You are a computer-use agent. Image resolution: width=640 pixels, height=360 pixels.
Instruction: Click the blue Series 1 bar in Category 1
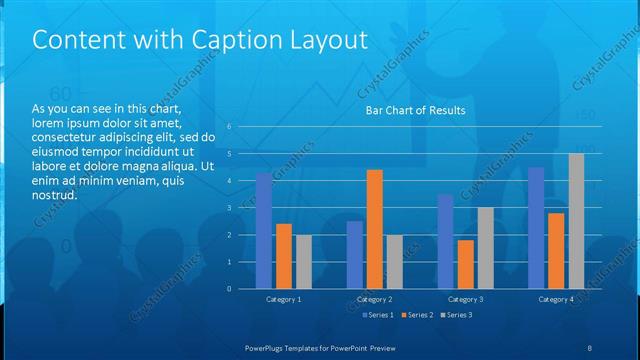point(263,231)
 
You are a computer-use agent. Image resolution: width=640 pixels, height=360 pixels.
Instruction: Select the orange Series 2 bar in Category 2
point(375,229)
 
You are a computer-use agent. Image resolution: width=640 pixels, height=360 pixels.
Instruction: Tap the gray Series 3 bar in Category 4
point(576,221)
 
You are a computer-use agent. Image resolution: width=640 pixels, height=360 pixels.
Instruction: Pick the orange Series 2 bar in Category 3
point(465,264)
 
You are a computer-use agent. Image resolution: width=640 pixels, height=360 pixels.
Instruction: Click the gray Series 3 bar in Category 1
point(303,262)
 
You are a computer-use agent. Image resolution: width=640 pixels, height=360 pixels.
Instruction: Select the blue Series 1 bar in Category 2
point(355,255)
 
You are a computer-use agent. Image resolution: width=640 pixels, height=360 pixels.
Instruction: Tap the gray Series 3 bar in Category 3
point(485,248)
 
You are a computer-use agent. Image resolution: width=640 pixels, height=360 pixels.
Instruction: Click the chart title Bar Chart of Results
point(414,110)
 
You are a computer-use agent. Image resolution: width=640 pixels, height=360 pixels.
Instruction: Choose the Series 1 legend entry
point(375,315)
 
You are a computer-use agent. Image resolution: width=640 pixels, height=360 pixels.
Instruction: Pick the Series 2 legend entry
point(417,315)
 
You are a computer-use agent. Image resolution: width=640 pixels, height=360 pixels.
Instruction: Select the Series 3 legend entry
point(458,315)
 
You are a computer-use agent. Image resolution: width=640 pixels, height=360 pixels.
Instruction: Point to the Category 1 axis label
point(284,299)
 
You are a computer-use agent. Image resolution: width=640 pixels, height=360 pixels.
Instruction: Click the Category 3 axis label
point(466,299)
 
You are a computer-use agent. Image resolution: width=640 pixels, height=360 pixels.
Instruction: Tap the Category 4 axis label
point(557,299)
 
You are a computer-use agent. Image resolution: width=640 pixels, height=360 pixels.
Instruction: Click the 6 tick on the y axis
point(229,127)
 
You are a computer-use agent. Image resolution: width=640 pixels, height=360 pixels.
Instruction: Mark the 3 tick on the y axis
point(229,208)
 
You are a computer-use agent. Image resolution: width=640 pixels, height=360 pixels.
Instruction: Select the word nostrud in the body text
point(55,195)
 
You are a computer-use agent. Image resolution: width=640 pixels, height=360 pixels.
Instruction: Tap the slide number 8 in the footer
point(589,347)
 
